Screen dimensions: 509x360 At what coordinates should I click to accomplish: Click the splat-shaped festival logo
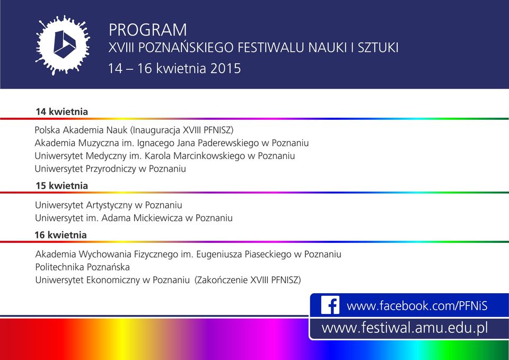pyautogui.click(x=63, y=45)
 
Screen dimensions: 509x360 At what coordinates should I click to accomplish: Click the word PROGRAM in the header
pyautogui.click(x=148, y=30)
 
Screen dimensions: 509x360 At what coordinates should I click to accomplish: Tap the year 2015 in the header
pyautogui.click(x=225, y=68)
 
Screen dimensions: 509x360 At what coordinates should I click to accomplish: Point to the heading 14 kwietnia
pyautogui.click(x=62, y=112)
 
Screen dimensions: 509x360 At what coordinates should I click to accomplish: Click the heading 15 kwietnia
pyautogui.click(x=62, y=186)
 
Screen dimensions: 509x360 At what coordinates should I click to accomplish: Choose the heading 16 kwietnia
pyautogui.click(x=60, y=235)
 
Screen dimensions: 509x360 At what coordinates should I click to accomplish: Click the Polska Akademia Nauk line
pyautogui.click(x=134, y=130)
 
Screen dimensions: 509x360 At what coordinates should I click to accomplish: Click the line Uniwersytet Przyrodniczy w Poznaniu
pyautogui.click(x=110, y=169)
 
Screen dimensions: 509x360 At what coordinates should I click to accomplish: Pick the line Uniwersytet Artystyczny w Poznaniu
pyautogui.click(x=108, y=205)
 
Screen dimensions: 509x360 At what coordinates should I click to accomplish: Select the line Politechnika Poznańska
pyautogui.click(x=83, y=267)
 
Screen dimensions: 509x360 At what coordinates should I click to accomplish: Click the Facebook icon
pyautogui.click(x=330, y=305)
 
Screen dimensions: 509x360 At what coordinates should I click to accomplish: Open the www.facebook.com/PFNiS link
pyautogui.click(x=417, y=306)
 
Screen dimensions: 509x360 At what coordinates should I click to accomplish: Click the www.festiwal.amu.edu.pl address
pyautogui.click(x=405, y=328)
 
